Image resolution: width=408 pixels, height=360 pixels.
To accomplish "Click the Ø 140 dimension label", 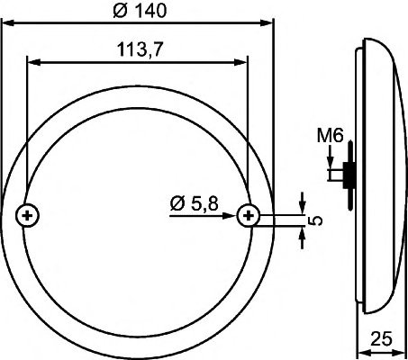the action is click(140, 11).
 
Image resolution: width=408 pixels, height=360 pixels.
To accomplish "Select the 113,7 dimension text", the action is click(140, 49).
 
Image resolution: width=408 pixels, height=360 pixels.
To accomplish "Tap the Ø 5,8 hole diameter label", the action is click(194, 203).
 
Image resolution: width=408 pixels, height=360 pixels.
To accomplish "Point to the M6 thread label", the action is click(331, 136).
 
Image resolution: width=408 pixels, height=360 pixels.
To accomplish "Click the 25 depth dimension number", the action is click(381, 338).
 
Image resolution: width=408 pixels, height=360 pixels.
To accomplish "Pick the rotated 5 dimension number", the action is click(315, 220).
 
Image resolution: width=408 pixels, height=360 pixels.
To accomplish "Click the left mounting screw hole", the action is click(27, 215).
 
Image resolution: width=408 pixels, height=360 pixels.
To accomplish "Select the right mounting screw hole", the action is click(249, 215).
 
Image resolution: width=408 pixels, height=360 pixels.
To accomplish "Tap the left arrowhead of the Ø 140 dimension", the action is click(8, 22).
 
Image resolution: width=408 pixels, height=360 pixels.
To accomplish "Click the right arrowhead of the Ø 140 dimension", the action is click(267, 22).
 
